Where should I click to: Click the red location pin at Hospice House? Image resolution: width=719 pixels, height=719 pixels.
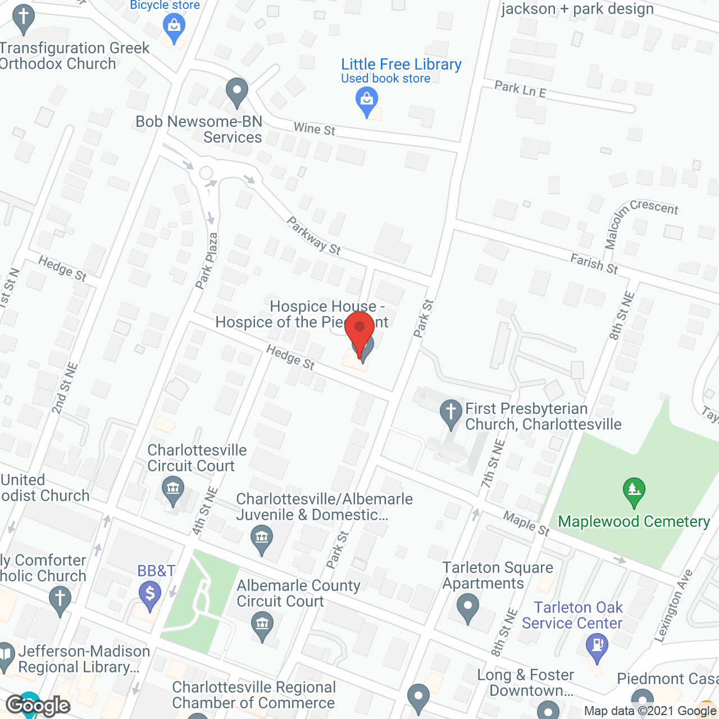[x=359, y=331]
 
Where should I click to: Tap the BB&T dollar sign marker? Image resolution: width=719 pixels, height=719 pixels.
[x=150, y=594]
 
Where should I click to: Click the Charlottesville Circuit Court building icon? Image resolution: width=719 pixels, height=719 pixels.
[x=173, y=489]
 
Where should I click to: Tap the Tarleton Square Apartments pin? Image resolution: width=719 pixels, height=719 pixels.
[x=467, y=608]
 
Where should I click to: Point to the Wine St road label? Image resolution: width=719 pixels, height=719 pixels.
[x=314, y=129]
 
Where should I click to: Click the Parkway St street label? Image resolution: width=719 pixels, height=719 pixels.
[x=313, y=236]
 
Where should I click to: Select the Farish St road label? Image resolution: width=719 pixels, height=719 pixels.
[x=594, y=263]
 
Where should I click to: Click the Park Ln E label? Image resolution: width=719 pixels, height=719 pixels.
[x=520, y=89]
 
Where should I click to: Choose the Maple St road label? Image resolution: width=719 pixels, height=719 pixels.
[x=526, y=524]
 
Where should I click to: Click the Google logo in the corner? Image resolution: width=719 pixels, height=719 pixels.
[x=38, y=706]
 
